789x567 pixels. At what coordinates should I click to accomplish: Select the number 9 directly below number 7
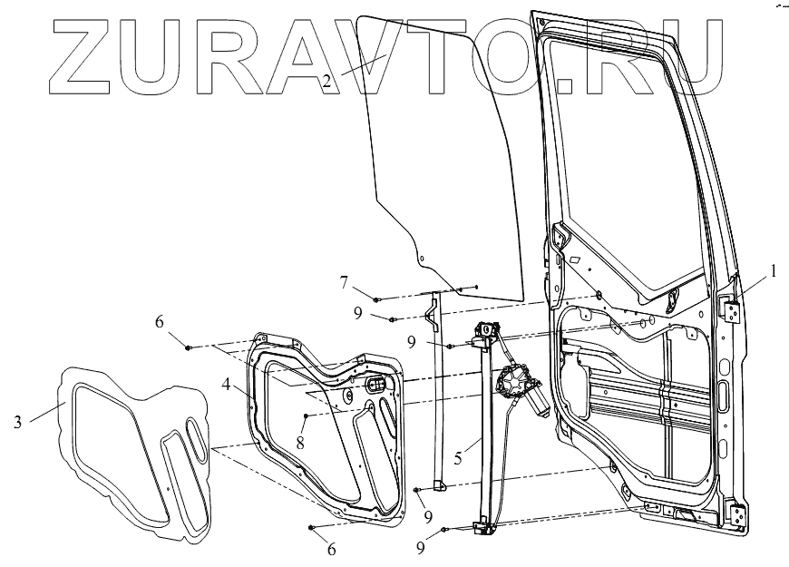359,313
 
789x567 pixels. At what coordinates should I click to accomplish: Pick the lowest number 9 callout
421,549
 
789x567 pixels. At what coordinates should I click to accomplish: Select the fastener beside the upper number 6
188,347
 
